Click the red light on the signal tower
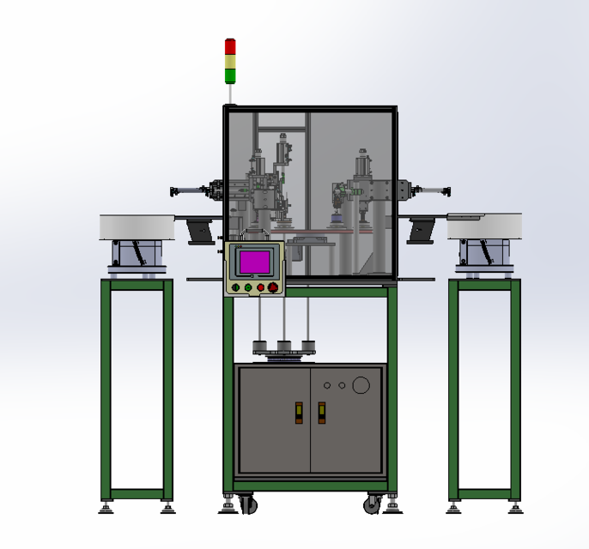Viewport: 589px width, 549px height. pyautogui.click(x=230, y=45)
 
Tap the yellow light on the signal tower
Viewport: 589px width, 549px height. pyautogui.click(x=230, y=60)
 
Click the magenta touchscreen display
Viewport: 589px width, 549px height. pyautogui.click(x=253, y=262)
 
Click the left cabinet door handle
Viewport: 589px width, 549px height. pyautogui.click(x=299, y=413)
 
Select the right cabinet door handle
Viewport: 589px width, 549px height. pyautogui.click(x=322, y=413)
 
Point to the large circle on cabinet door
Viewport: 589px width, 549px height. pyautogui.click(x=361, y=385)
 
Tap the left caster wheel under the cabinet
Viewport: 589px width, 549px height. pyautogui.click(x=247, y=504)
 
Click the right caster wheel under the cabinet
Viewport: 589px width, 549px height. pyautogui.click(x=373, y=504)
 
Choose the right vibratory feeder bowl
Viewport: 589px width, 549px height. pyautogui.click(x=484, y=226)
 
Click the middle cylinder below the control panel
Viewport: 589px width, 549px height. pyautogui.click(x=282, y=347)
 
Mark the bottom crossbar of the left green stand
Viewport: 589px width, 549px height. pyautogui.click(x=137, y=494)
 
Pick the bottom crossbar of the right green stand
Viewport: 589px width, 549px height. pyautogui.click(x=484, y=494)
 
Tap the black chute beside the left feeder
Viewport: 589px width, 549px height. pyautogui.click(x=200, y=231)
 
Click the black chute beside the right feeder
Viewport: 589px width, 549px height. pyautogui.click(x=422, y=231)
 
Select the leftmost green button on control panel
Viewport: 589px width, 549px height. pyautogui.click(x=235, y=288)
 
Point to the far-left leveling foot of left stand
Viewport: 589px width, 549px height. pyautogui.click(x=106, y=509)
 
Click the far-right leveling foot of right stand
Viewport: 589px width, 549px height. pyautogui.click(x=515, y=509)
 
